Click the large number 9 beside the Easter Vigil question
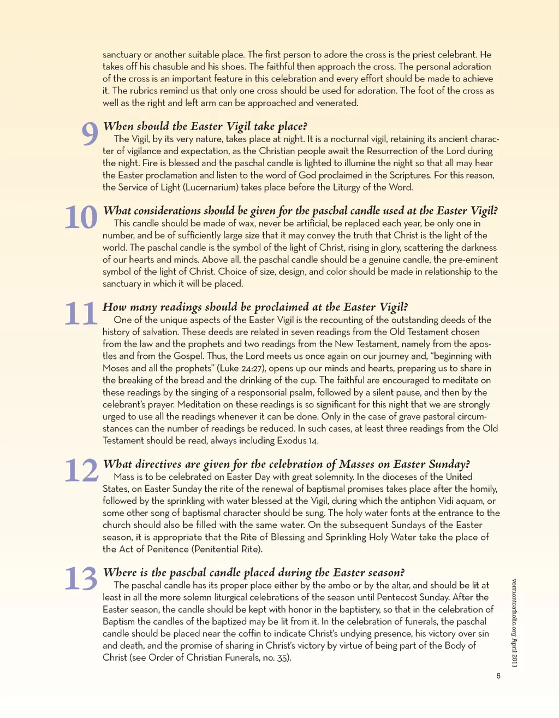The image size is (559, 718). click(90, 134)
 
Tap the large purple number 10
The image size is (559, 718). click(81, 217)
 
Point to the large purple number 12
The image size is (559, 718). click(81, 470)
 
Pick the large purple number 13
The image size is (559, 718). click(81, 579)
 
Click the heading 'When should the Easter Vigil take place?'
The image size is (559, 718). click(205, 127)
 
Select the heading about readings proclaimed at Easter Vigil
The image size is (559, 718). click(255, 307)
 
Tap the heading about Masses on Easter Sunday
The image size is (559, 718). click(287, 464)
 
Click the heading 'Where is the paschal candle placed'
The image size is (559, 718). click(254, 572)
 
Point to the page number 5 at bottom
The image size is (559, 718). click(498, 676)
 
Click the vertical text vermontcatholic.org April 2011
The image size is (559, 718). click(514, 622)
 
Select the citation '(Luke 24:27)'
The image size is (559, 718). click(238, 368)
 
